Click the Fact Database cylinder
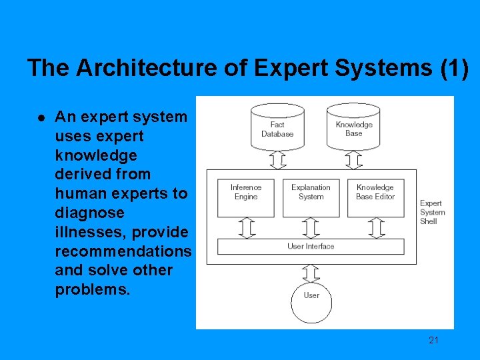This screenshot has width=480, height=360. [x=277, y=129]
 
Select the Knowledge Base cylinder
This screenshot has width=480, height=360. [x=354, y=129]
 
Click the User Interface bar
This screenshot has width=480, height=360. [x=311, y=246]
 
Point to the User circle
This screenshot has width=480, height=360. [x=311, y=301]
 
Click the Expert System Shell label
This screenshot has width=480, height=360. [x=431, y=212]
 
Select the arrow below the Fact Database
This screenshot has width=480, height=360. [x=277, y=160]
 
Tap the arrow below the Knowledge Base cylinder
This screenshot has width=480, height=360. [x=354, y=160]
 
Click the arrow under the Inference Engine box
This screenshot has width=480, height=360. [x=246, y=228]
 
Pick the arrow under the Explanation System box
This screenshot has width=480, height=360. [x=311, y=228]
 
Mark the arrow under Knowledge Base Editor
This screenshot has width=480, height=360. [x=376, y=228]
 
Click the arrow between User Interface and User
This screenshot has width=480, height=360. [x=311, y=273]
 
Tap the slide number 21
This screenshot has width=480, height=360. [x=433, y=340]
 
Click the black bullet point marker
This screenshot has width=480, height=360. [x=41, y=118]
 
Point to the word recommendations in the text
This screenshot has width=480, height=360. [x=123, y=251]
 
